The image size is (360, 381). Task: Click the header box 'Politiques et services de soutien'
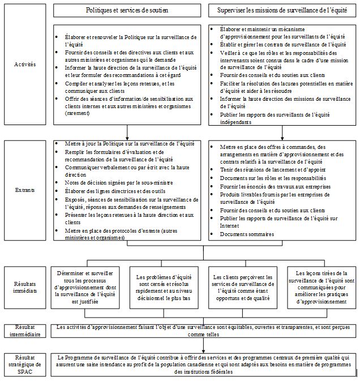(126, 11)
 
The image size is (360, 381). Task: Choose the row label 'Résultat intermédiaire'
(24, 331)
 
